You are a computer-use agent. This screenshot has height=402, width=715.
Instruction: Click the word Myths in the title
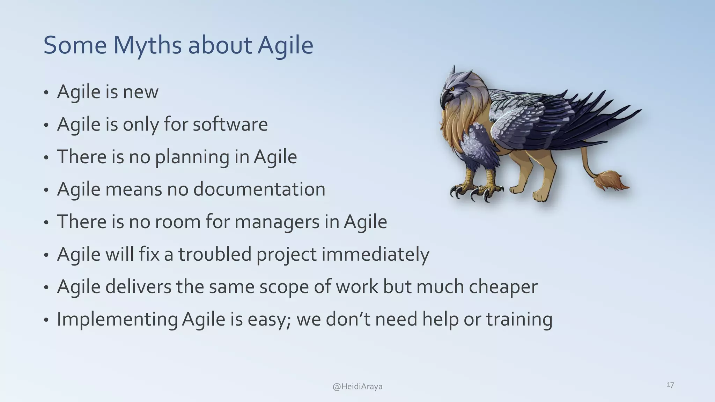[x=147, y=45]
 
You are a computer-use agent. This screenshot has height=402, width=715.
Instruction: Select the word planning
[x=192, y=157]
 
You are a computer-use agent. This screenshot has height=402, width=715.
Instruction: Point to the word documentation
[x=259, y=189]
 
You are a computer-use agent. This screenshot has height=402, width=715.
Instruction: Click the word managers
[x=277, y=222]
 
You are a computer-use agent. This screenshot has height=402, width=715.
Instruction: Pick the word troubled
[x=215, y=254]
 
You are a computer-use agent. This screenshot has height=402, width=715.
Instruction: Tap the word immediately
[x=375, y=255]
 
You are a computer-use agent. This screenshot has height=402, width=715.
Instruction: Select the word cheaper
[x=503, y=287]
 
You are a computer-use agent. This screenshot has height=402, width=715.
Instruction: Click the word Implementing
[x=117, y=320]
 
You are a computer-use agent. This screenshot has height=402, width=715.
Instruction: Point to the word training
[x=519, y=320]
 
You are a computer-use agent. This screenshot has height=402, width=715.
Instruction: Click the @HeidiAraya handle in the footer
[x=357, y=387]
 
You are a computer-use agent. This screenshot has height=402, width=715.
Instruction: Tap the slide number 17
[x=670, y=385]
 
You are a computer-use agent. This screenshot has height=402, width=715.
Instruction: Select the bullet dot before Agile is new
[x=46, y=94]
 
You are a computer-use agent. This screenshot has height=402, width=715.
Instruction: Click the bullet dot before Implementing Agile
[x=46, y=320]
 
